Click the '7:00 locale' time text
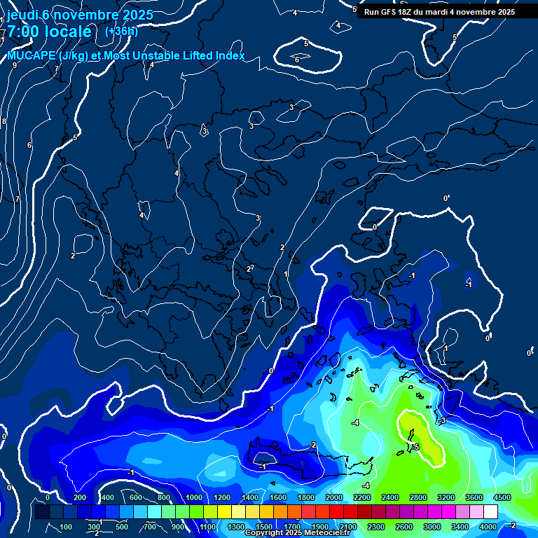[x=49, y=32]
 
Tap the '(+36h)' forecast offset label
[x=121, y=31]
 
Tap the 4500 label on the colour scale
[x=502, y=497]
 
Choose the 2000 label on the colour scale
[x=334, y=497]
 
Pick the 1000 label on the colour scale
[x=194, y=497]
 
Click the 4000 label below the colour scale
[x=488, y=527]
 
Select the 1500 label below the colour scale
[x=264, y=527]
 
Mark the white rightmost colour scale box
[x=490, y=512]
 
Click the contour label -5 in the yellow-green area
[x=415, y=447]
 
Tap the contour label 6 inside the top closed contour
[x=297, y=60]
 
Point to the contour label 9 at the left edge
[x=14, y=65]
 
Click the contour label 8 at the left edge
[x=4, y=121]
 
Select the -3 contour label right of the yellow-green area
[x=442, y=420]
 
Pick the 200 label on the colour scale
[x=79, y=497]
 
